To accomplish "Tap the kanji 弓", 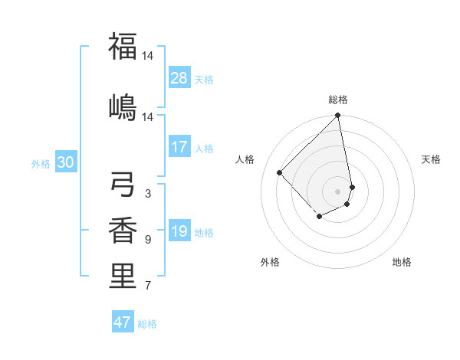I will tap(123, 184).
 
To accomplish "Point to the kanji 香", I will tap(123, 230).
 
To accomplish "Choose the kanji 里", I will tap(123, 277).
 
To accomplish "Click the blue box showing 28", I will tap(179, 78).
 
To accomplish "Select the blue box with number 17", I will tap(179, 148).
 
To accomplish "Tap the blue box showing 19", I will tap(179, 232).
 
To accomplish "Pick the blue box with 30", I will tap(66, 162).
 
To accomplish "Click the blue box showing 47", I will tap(123, 322).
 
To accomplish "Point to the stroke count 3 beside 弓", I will tap(147, 194).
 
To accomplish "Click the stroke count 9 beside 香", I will tap(147, 240).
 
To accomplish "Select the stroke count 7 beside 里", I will tap(147, 286).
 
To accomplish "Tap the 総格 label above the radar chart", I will tap(338, 100).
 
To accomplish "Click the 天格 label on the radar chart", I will tap(431, 159).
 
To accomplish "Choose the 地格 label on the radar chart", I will tap(402, 262).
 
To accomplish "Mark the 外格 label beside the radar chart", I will tap(270, 262).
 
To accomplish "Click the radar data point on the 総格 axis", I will tap(338, 116).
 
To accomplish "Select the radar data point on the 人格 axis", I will tap(280, 172).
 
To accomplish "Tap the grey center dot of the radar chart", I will tap(338, 191).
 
